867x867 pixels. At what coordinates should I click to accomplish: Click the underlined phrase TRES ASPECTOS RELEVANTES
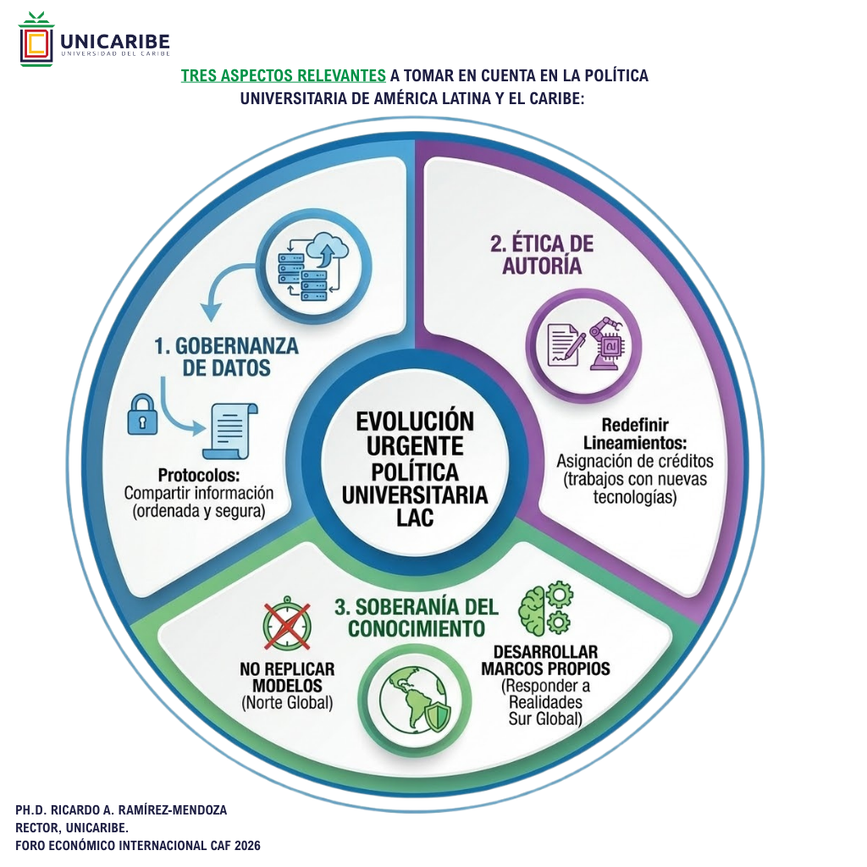(x=284, y=75)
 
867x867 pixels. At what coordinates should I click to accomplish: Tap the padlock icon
(x=142, y=414)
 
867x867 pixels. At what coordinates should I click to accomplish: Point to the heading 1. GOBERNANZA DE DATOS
(x=225, y=356)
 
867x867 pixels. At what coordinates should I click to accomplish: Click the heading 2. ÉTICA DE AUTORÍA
(x=542, y=254)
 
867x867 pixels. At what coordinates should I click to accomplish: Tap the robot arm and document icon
(x=583, y=342)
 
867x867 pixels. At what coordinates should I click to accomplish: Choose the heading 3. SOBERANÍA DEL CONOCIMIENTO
(x=416, y=617)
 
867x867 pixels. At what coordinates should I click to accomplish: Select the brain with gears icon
(x=545, y=609)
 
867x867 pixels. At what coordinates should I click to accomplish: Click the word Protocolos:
(x=199, y=475)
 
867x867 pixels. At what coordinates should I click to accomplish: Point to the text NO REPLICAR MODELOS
(x=287, y=676)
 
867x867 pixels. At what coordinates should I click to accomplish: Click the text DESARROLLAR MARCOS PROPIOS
(x=545, y=660)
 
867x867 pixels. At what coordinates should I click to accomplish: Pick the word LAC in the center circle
(x=415, y=517)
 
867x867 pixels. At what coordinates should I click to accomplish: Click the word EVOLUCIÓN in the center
(x=415, y=421)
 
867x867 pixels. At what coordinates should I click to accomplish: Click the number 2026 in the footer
(x=242, y=845)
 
